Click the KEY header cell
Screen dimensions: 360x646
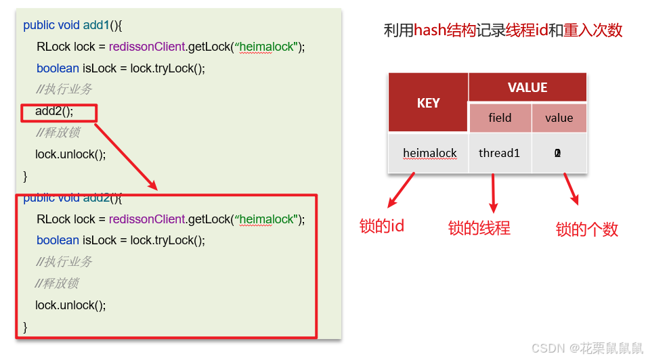click(428, 103)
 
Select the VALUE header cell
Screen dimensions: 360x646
click(527, 88)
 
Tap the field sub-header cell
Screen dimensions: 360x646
click(500, 118)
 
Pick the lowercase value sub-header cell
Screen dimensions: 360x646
click(559, 118)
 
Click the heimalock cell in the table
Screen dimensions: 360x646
click(429, 153)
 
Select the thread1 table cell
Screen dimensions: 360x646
click(499, 153)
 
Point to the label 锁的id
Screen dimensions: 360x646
click(382, 226)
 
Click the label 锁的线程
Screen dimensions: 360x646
click(479, 228)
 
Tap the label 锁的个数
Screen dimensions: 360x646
click(586, 229)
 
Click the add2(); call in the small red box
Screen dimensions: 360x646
click(54, 111)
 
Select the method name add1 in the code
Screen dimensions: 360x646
click(96, 25)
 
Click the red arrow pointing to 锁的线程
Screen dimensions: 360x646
click(494, 193)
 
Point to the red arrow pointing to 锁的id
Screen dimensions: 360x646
click(402, 191)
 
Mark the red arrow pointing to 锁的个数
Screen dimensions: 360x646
click(571, 189)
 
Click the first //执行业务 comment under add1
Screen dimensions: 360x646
click(64, 89)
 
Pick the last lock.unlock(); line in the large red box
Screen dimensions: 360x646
click(70, 305)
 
